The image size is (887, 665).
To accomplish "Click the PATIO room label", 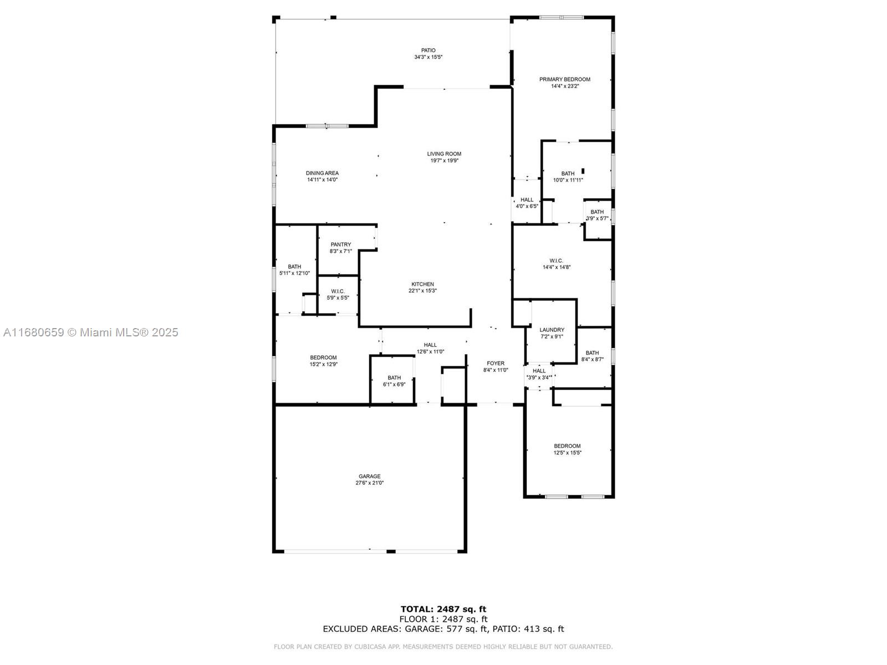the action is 428,50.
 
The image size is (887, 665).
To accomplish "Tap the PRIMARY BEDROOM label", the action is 564,80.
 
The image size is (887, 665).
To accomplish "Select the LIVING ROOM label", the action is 444,154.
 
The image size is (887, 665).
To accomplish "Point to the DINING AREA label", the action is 322,173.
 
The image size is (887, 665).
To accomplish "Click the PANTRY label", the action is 340,245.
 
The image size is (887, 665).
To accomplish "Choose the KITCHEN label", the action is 422,284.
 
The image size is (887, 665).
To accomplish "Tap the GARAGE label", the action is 369,477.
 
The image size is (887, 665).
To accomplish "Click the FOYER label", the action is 496,364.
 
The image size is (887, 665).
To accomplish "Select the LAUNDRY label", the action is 552,330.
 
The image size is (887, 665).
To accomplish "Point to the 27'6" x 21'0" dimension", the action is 369,483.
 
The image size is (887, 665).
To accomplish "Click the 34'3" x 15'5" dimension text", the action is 428,57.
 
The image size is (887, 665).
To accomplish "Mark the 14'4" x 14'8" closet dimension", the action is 557,267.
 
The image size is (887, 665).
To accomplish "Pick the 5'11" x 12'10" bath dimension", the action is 294,273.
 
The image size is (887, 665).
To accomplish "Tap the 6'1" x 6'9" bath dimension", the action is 394,385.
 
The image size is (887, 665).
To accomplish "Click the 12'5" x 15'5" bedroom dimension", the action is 567,453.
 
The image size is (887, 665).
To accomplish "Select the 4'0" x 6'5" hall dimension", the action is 527,206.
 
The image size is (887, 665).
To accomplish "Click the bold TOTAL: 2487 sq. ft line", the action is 443,609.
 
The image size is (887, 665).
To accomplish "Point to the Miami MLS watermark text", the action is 91,332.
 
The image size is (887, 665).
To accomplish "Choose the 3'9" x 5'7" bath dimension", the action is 597,218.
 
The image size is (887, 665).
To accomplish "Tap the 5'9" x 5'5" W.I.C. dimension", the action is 338,298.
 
